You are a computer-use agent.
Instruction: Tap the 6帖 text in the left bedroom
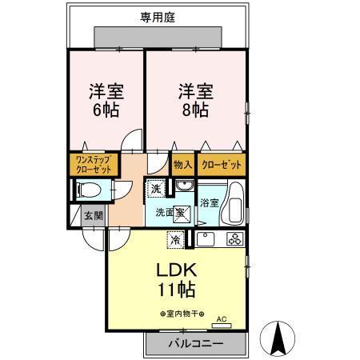pos(104,110)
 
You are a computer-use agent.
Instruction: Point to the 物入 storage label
pos(182,165)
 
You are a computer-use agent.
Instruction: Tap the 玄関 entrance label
pos(93,216)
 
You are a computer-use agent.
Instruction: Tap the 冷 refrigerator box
pos(174,238)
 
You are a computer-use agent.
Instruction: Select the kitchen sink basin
pos(206,238)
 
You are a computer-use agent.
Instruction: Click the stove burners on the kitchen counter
pos(234,238)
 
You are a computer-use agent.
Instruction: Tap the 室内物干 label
pos(182,314)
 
